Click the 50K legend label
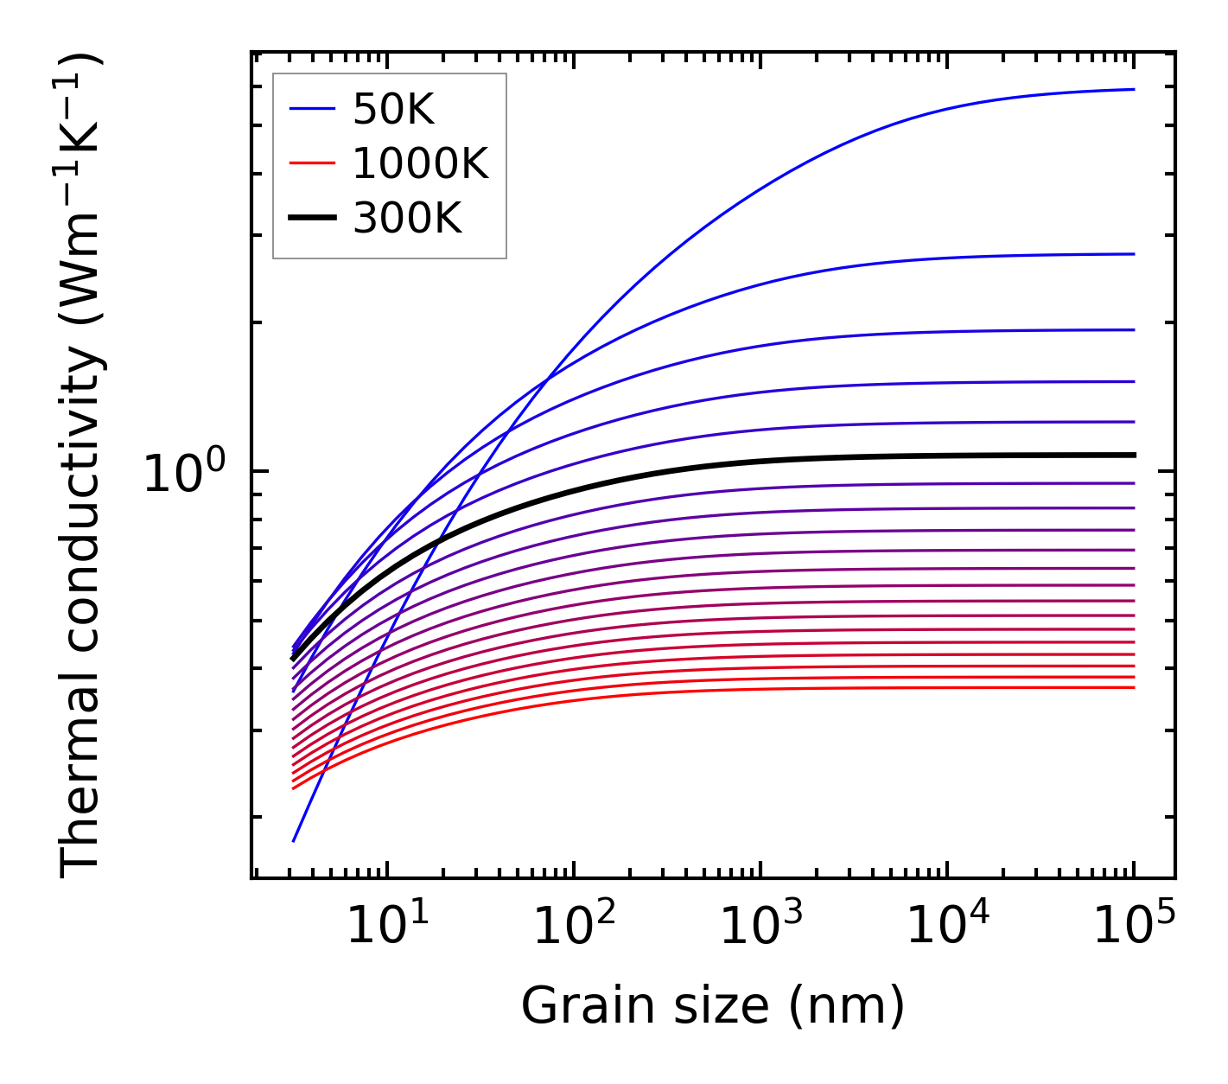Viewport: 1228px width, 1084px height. pyautogui.click(x=393, y=110)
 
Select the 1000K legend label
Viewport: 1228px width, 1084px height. pyautogui.click(x=420, y=163)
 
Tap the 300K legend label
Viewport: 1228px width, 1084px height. pyautogui.click(x=407, y=219)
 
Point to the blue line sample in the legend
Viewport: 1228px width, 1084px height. pyautogui.click(x=312, y=109)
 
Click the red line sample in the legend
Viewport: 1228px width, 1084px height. pyautogui.click(x=312, y=163)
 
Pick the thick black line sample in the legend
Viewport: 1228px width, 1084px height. pyautogui.click(x=312, y=218)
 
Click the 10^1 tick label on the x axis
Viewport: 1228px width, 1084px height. pyautogui.click(x=387, y=928)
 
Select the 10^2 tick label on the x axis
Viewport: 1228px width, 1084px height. pyautogui.click(x=574, y=928)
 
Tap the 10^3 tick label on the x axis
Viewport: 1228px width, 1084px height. pyautogui.click(x=760, y=928)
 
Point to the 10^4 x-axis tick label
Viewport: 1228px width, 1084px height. pyautogui.click(x=947, y=928)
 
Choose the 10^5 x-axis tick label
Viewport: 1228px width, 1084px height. pyautogui.click(x=1134, y=928)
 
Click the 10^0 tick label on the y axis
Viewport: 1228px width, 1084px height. pyautogui.click(x=184, y=474)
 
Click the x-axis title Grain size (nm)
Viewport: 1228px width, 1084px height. pyautogui.click(x=713, y=1006)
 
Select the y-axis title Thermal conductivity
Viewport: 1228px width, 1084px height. pyautogui.click(x=82, y=467)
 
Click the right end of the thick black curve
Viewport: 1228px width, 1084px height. pyautogui.click(x=1133, y=455)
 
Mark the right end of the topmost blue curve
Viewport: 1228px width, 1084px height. pyautogui.click(x=1133, y=89)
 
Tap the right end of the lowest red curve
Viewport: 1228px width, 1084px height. pyautogui.click(x=1133, y=687)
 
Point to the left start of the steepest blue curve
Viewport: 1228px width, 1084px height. pyautogui.click(x=294, y=840)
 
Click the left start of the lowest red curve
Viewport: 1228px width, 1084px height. pyautogui.click(x=294, y=787)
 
